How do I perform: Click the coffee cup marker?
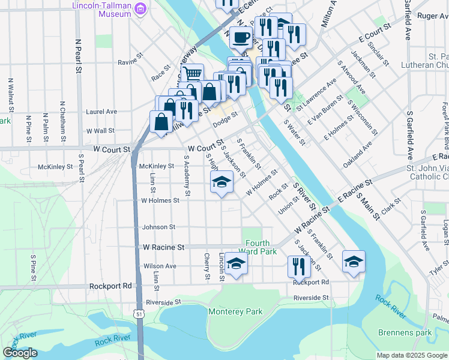241,37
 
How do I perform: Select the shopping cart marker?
192,74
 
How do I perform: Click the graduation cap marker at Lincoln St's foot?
236,263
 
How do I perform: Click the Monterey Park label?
235,312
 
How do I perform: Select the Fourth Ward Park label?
258,247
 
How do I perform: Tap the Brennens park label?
405,332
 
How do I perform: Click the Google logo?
20,353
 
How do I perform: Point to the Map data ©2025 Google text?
412,355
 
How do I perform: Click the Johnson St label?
158,227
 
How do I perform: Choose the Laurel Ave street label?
101,112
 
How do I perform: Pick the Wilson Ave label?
160,266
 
